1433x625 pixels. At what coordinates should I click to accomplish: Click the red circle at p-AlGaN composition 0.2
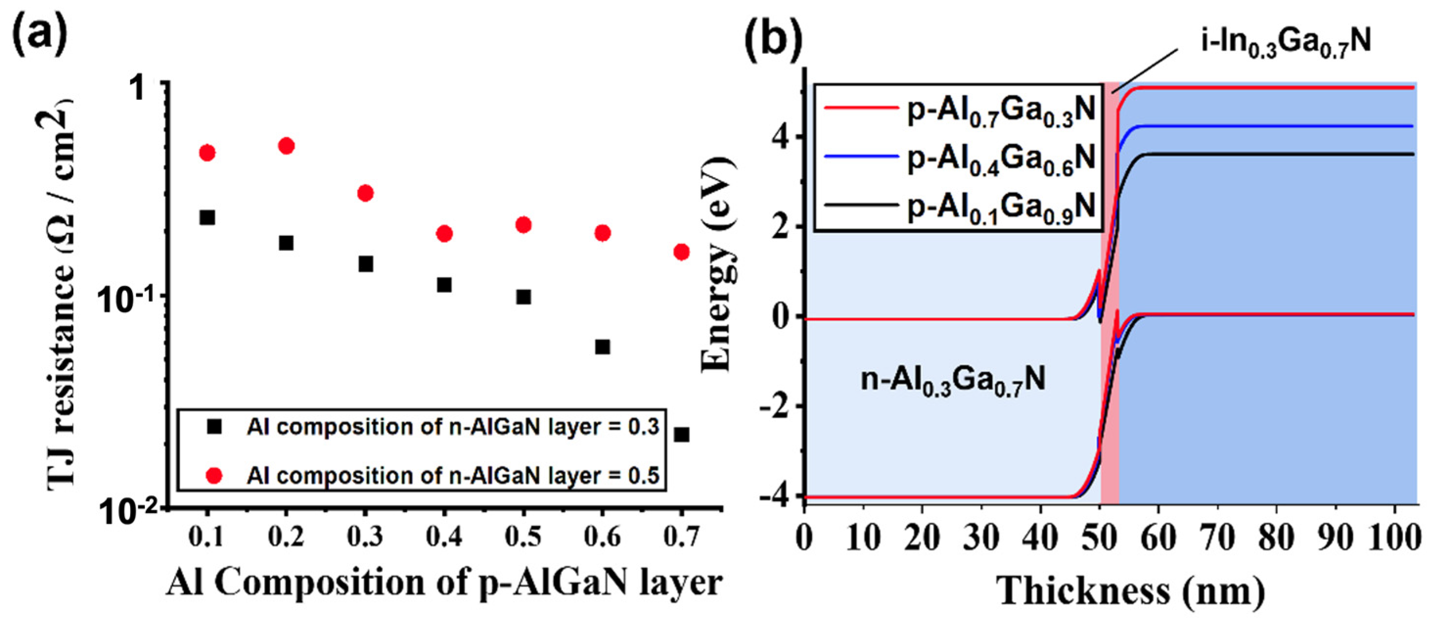point(286,146)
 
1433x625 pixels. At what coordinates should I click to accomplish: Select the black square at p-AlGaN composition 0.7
point(681,435)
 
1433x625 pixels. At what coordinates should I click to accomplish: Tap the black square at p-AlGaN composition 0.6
point(603,347)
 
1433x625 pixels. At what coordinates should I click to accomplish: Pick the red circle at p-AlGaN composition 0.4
point(444,233)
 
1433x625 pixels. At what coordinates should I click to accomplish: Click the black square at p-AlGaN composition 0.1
point(207,217)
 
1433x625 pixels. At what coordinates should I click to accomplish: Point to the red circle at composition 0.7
point(681,252)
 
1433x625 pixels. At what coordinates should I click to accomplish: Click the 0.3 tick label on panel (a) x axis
point(365,536)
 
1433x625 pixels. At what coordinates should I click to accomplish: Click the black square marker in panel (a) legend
point(214,427)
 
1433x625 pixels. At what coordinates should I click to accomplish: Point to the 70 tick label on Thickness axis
point(1217,537)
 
